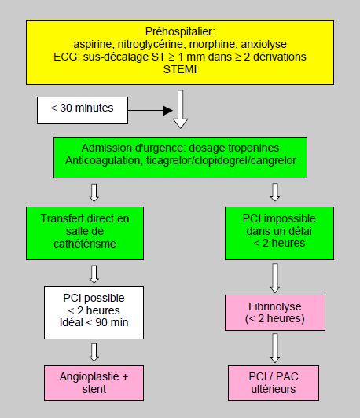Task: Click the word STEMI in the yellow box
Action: coord(180,69)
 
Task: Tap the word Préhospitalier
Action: coord(178,31)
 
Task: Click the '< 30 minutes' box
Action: coord(83,110)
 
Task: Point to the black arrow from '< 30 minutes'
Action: coord(150,110)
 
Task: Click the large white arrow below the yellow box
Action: coord(180,109)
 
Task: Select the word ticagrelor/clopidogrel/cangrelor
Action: coord(221,160)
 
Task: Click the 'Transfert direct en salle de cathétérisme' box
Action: coord(85,233)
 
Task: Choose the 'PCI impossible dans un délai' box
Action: coord(279,233)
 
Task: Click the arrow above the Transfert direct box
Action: coord(94,192)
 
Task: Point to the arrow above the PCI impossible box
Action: coord(275,192)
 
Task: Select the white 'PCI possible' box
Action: coord(94,313)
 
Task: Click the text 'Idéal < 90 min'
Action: coord(94,322)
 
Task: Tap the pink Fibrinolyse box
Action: coord(275,313)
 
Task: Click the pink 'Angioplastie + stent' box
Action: coord(94,383)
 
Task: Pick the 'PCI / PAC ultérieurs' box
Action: coord(274,383)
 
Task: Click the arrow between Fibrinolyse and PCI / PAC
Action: coord(275,348)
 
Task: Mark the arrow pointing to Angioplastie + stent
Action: coord(94,352)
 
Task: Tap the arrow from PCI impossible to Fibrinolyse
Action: coord(275,278)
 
